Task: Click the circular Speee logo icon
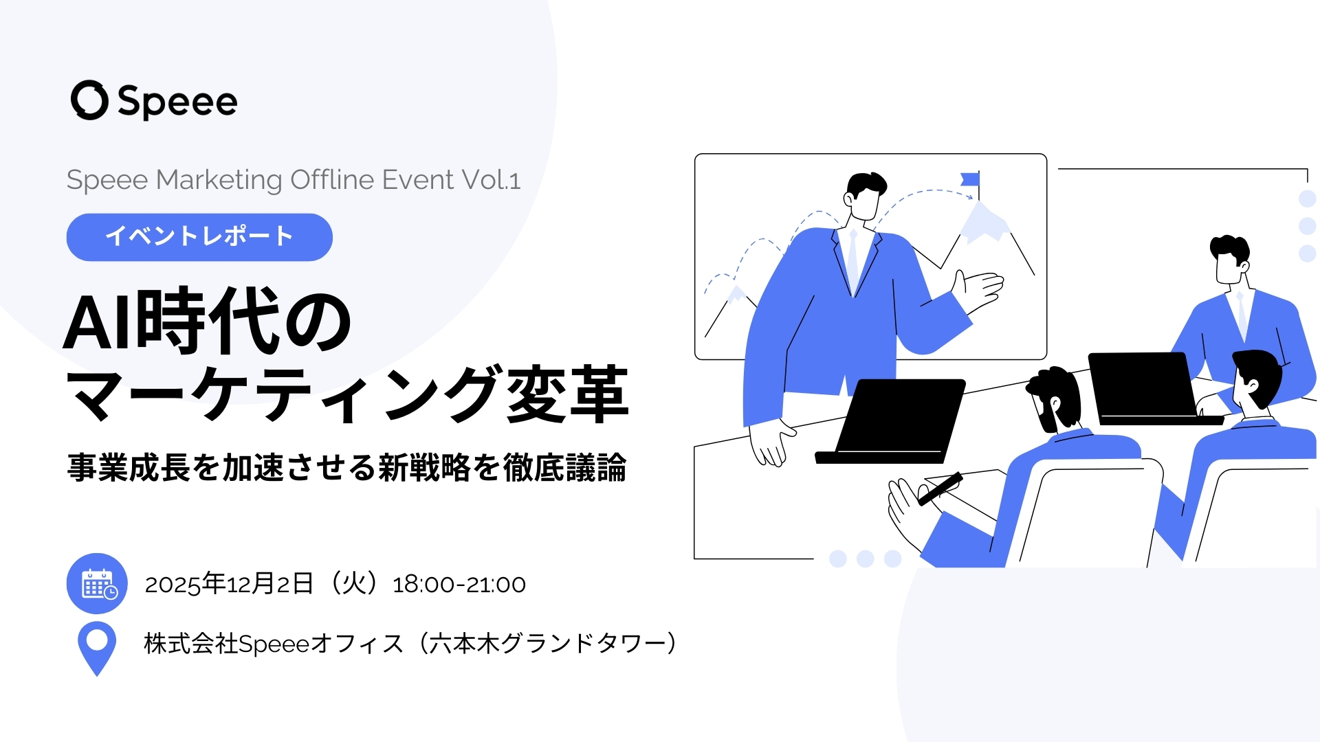[89, 100]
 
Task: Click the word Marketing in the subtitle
[219, 180]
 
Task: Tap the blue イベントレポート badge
[199, 237]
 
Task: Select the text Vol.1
[491, 180]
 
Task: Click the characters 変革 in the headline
[567, 395]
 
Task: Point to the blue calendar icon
[97, 583]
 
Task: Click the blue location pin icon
[97, 647]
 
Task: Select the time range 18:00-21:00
[459, 585]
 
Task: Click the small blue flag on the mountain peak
[970, 180]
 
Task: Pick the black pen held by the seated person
[940, 489]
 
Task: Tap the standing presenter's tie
[853, 258]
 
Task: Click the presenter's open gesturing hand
[980, 289]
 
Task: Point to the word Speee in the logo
[177, 102]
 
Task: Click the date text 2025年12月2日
[229, 585]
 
